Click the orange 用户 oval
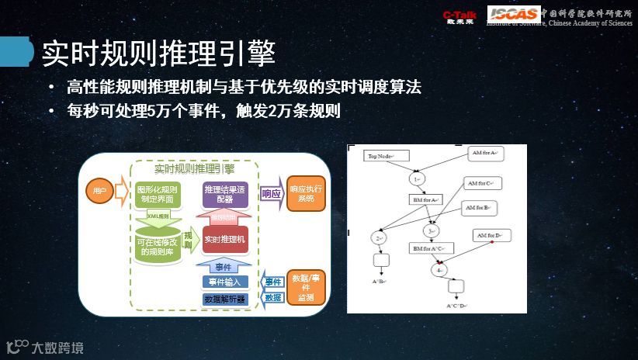click(99, 191)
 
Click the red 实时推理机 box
click(224, 240)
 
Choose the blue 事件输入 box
click(225, 282)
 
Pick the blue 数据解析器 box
click(224, 299)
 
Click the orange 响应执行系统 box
click(306, 194)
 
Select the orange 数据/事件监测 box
click(305, 287)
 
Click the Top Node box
click(385, 156)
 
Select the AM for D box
click(491, 234)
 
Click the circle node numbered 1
click(417, 178)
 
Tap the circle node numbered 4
click(440, 270)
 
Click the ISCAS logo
click(513, 13)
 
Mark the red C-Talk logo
click(459, 16)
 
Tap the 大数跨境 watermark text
click(57, 348)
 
